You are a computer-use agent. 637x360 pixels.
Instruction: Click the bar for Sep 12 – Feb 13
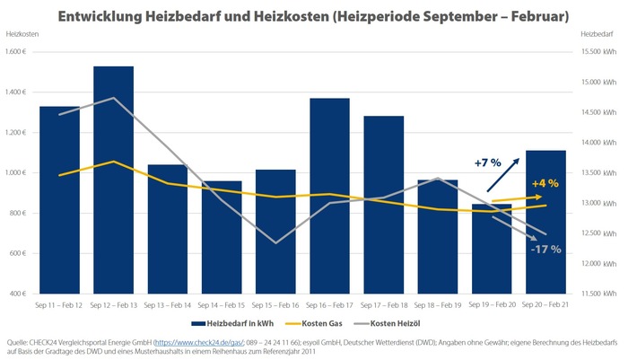point(113,180)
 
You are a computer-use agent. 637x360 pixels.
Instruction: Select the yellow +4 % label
point(545,184)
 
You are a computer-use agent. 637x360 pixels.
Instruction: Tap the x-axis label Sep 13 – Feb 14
point(167,305)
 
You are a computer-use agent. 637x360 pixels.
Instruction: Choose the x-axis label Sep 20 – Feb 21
point(545,305)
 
